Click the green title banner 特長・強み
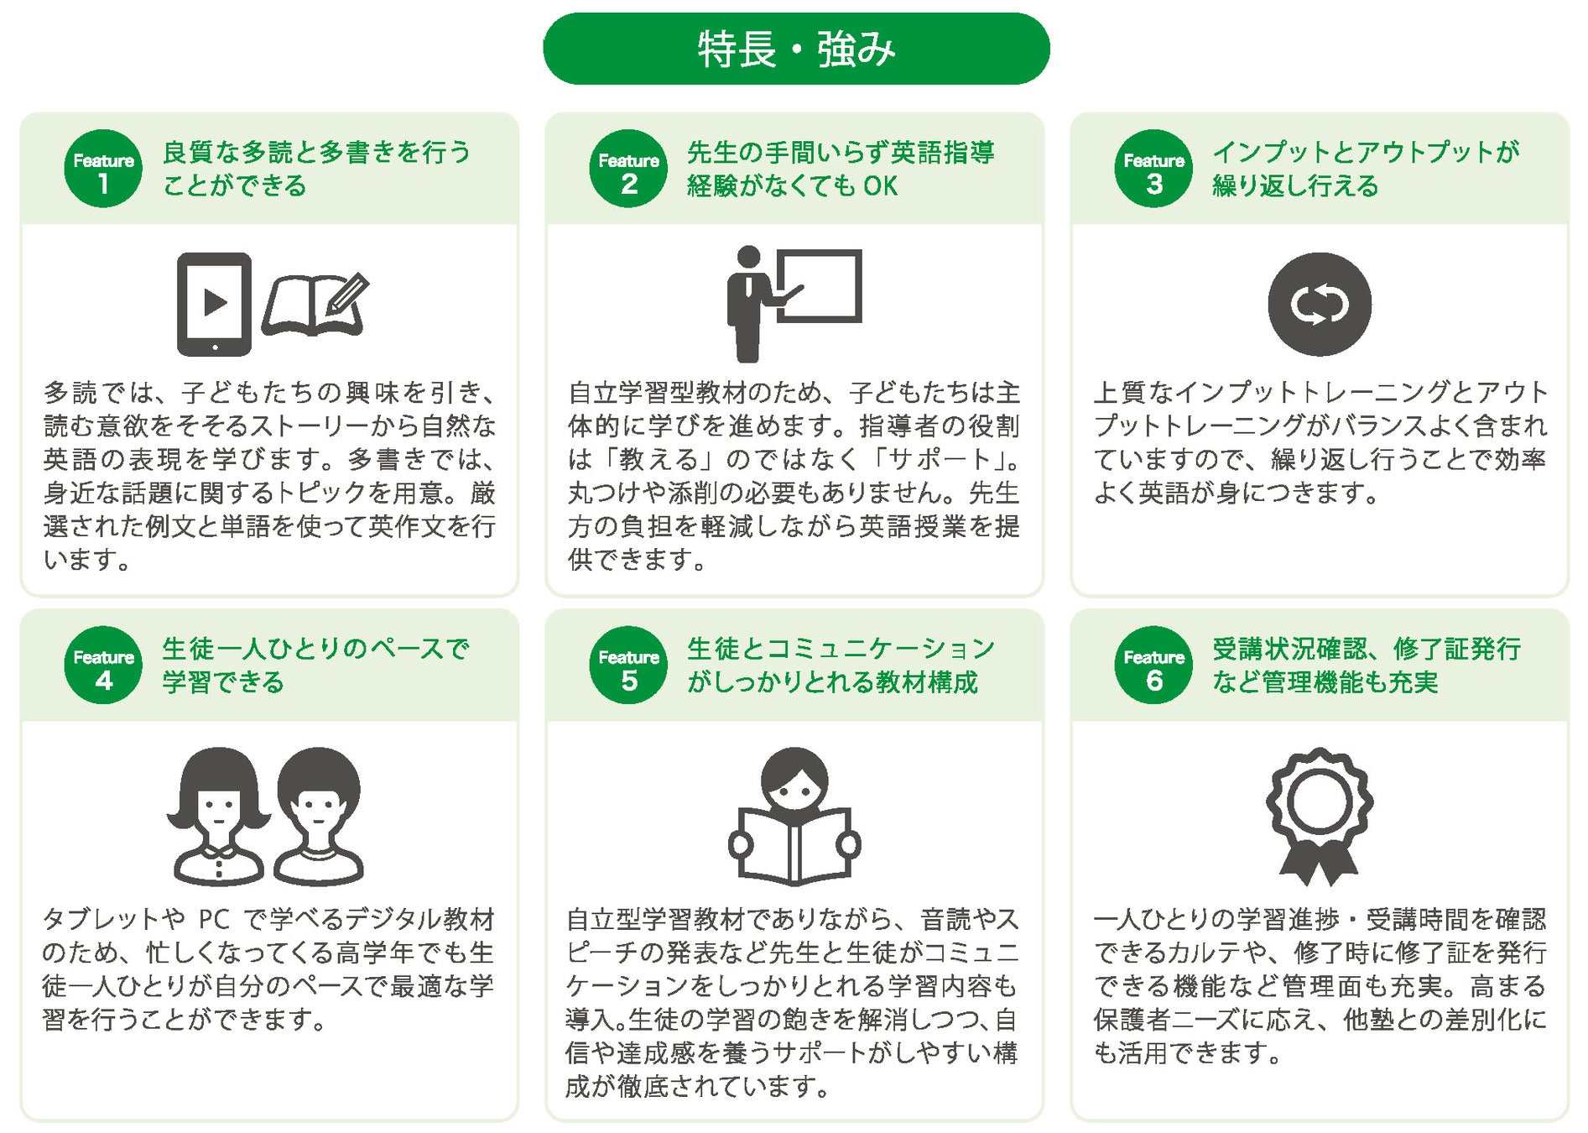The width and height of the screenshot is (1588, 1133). click(796, 49)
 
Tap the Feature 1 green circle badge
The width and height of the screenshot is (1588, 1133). click(103, 169)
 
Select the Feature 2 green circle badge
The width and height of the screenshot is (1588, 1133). click(628, 169)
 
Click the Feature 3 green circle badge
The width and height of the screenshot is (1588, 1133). click(1153, 169)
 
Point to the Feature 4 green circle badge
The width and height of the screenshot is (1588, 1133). click(103, 666)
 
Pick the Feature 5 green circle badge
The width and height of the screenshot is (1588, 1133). click(628, 666)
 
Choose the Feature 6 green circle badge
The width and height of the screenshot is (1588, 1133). click(1153, 666)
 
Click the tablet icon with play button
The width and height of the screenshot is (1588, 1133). click(214, 304)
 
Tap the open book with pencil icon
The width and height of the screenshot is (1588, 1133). click(315, 304)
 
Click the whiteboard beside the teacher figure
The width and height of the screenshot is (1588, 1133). click(819, 285)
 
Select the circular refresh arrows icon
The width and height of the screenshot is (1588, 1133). click(1320, 304)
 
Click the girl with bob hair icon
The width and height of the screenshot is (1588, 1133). click(218, 816)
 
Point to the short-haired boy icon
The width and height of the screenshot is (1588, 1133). click(319, 816)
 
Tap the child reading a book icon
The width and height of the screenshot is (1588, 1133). click(794, 816)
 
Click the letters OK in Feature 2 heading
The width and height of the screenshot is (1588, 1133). click(881, 186)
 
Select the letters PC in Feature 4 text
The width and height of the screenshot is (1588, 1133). click(214, 920)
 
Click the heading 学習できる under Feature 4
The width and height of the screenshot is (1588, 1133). click(223, 682)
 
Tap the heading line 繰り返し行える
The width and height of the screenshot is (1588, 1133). click(1295, 185)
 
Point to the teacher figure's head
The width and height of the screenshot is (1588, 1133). click(748, 257)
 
